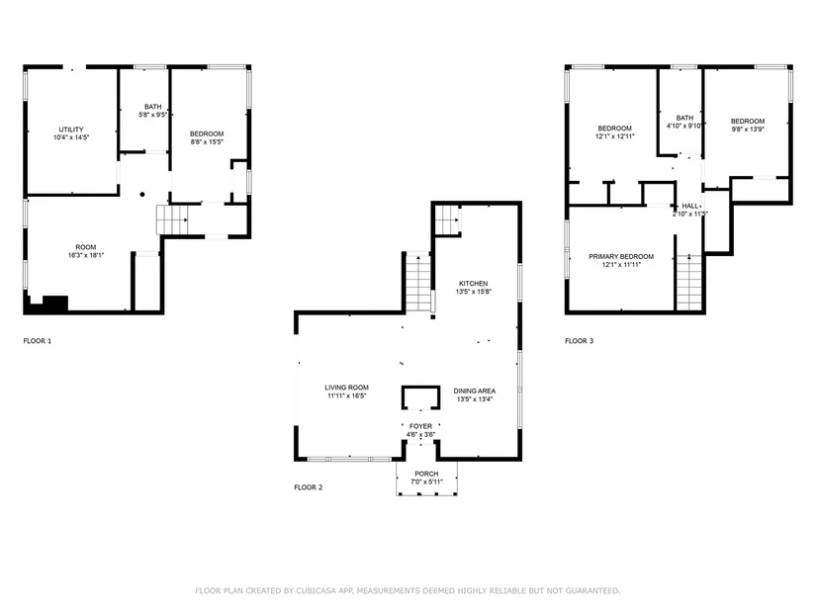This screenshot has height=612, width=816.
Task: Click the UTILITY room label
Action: coord(71,130)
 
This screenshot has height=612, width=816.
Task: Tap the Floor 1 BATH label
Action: coord(153,107)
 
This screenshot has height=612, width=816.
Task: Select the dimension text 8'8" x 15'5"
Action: coord(207,141)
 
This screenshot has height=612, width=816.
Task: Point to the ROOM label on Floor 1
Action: coord(86,247)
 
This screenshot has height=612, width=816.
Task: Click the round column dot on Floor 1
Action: coord(142,194)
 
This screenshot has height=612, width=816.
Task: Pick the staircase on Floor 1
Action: coord(172,219)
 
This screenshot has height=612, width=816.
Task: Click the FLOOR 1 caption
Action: coord(38,341)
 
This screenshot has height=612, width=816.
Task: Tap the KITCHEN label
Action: coord(473,284)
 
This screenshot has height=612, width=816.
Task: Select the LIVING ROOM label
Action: coord(346,388)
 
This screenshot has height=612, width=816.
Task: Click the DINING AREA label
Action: coord(474,391)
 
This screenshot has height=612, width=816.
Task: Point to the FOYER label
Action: coord(420,426)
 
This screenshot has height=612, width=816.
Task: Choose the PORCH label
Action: coord(426,474)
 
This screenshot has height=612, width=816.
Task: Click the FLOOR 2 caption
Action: coord(308,487)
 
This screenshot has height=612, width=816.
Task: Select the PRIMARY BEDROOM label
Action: coord(621,256)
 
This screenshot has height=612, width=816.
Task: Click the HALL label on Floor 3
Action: coord(690,206)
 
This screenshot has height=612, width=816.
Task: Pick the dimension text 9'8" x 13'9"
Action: coord(748,130)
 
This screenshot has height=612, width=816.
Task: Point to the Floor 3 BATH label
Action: coord(684,118)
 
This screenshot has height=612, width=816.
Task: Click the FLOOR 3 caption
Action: coord(580,341)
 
